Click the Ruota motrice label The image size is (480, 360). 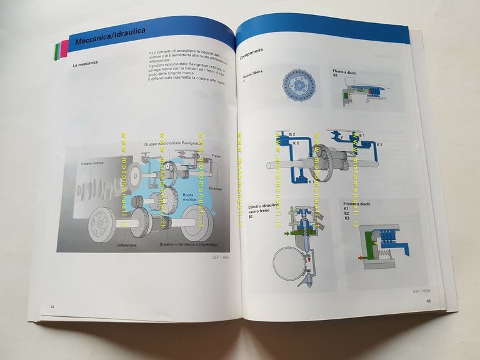pos(189,199)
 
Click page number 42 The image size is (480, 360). pos(52,306)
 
